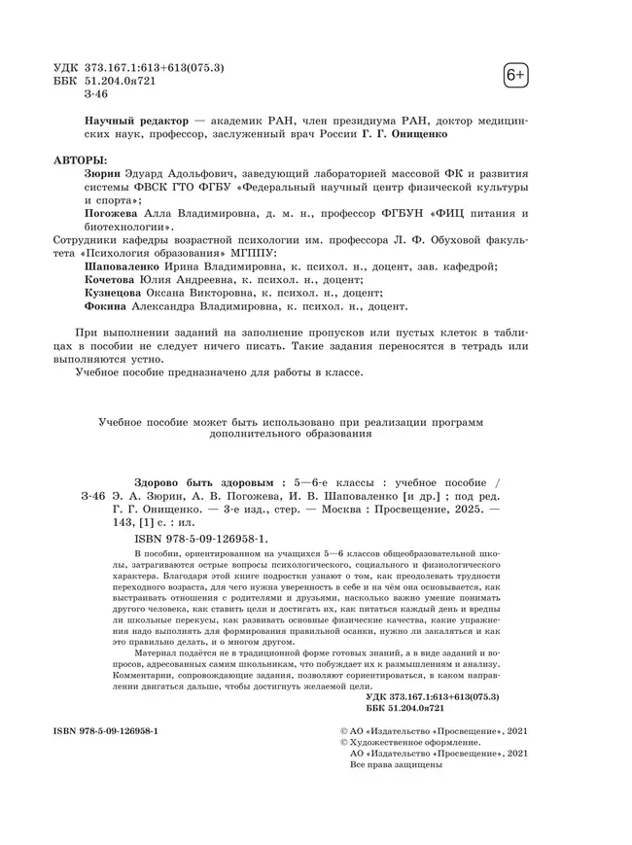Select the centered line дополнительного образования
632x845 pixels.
coord(291,435)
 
